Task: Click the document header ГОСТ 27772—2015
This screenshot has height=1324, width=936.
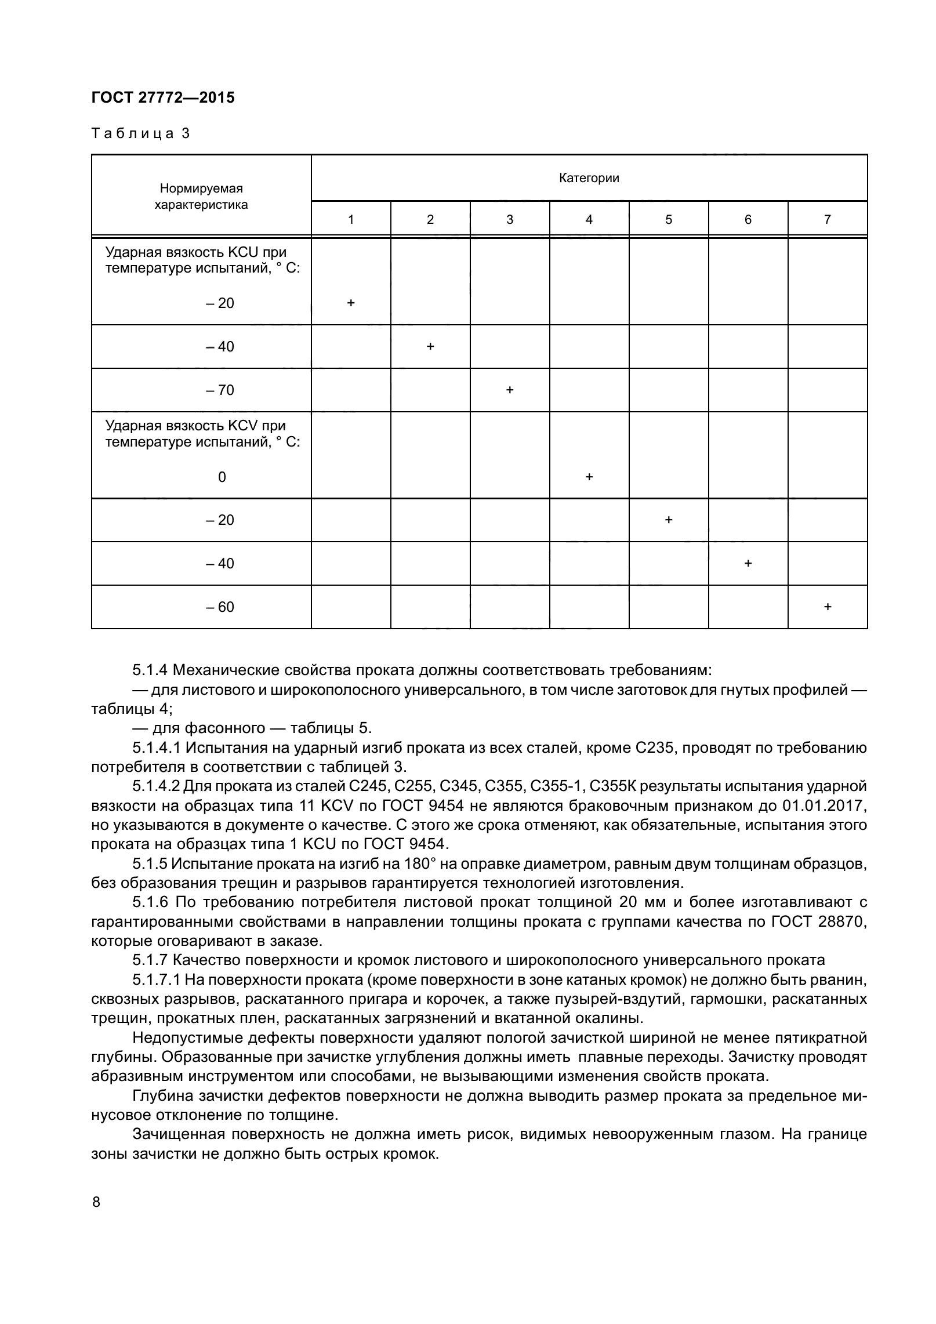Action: point(163,97)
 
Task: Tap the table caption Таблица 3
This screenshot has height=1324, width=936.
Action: point(140,134)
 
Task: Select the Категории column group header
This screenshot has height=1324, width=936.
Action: point(589,178)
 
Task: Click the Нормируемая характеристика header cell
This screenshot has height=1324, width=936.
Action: point(201,196)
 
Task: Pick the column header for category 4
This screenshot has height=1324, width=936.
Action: point(589,219)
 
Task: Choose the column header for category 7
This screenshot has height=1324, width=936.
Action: point(827,219)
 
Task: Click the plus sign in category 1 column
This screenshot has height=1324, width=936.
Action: point(350,303)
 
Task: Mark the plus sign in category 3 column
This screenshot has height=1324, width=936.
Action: point(509,390)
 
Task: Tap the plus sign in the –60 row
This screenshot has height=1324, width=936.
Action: point(827,607)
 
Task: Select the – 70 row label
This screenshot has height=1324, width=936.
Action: point(220,390)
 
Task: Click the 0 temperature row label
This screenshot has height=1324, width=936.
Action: point(222,477)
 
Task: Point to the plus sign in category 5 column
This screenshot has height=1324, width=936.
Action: point(668,520)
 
